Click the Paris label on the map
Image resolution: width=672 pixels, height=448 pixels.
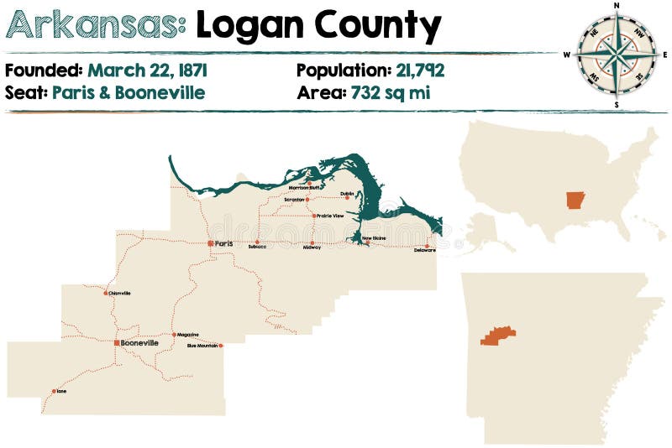tap(224, 243)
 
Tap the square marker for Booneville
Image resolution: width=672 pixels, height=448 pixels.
tap(117, 342)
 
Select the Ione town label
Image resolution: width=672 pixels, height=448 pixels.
tap(61, 391)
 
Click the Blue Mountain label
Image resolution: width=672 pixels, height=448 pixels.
tap(202, 346)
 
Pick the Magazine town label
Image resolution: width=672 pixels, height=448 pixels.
tap(187, 335)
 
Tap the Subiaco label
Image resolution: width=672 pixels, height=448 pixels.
tap(257, 247)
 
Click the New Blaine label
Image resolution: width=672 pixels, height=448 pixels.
tap(373, 238)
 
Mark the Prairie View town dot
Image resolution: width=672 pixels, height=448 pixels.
tap(313, 216)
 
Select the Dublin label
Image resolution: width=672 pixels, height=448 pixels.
tap(347, 194)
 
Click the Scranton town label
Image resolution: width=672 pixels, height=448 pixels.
tap(294, 200)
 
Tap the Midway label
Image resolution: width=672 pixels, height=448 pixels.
tap(312, 247)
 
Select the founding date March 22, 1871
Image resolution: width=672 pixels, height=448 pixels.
tap(147, 70)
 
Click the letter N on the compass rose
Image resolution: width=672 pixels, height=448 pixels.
tap(617, 6)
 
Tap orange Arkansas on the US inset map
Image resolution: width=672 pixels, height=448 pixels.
tap(575, 201)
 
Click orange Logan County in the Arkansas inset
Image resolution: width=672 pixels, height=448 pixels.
tap(497, 336)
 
